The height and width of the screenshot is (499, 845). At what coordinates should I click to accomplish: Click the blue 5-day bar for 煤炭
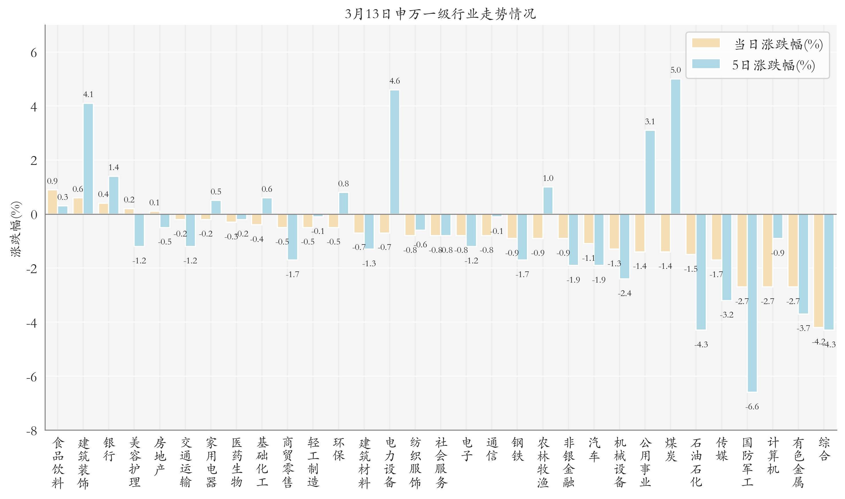(x=675, y=147)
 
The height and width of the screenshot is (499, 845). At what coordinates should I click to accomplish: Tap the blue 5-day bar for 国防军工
(x=752, y=303)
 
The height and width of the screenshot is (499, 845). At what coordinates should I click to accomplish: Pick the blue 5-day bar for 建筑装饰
(x=88, y=159)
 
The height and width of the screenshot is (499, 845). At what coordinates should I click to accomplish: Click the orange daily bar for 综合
(x=818, y=270)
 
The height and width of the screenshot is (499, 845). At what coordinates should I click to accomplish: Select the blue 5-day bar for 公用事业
(x=650, y=172)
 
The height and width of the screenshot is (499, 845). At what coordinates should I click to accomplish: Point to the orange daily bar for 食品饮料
(x=52, y=202)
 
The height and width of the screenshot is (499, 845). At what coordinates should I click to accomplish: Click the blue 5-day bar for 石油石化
(x=701, y=272)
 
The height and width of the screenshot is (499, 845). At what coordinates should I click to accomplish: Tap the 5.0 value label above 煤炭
(x=675, y=70)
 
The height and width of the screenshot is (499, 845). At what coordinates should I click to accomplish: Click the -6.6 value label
(x=752, y=407)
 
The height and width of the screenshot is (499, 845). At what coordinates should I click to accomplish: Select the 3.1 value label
(x=650, y=121)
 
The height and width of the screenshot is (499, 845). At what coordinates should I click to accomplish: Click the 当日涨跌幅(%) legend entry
(x=757, y=44)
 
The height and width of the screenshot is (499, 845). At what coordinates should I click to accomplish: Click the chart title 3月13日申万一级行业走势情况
(x=440, y=14)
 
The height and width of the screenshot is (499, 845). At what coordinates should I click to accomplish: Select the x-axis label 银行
(x=109, y=449)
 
